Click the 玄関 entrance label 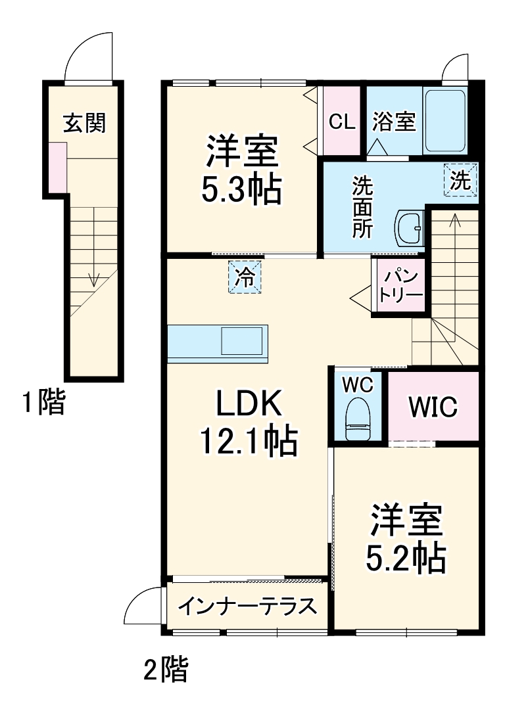84,122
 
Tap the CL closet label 342,122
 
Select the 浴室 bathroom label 393,122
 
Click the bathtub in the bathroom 445,121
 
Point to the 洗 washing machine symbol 460,180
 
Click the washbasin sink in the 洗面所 409,229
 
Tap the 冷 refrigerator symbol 245,277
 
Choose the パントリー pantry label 402,285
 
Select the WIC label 432,407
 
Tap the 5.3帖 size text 241,190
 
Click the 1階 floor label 43,402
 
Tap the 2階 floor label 166,670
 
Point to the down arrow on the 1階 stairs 93,279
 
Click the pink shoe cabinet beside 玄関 57,167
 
